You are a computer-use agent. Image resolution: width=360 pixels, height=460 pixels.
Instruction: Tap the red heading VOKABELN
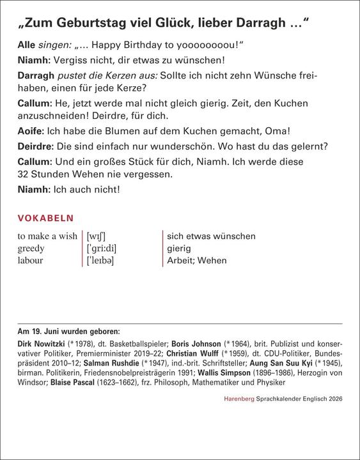pos(45,218)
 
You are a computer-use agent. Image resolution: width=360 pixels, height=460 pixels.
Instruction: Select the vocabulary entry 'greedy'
pos(33,249)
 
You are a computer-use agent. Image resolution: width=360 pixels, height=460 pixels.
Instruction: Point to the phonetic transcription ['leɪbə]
pos(105,261)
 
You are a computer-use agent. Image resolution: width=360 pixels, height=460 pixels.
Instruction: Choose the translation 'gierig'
pos(179,249)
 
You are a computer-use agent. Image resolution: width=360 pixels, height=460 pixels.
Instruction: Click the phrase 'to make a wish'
pos(47,236)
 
